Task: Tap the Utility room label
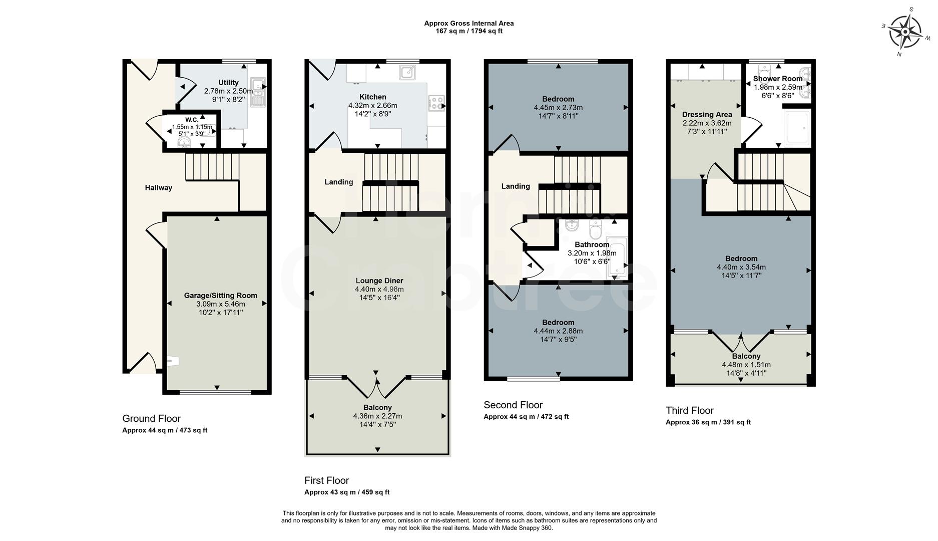[228, 83]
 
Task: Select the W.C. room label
[192, 120]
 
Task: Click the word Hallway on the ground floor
[158, 188]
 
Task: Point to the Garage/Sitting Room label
[220, 296]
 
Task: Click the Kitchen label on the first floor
[372, 97]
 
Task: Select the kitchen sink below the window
[407, 73]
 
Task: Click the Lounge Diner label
[379, 281]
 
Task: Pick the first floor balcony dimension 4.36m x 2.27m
[377, 416]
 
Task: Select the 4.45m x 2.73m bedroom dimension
[558, 108]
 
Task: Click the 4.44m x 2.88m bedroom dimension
[558, 331]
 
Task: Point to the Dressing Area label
[707, 115]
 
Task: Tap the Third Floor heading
[689, 411]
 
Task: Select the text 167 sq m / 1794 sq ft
[468, 31]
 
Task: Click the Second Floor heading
[513, 405]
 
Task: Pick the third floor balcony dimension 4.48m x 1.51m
[746, 365]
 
